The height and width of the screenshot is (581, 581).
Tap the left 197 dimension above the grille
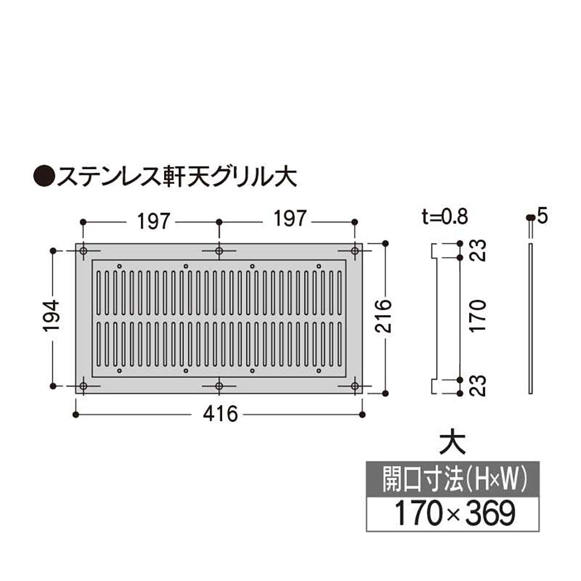click(x=152, y=221)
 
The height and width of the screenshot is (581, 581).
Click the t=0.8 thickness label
click(x=445, y=217)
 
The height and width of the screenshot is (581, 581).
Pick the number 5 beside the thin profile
click(x=542, y=217)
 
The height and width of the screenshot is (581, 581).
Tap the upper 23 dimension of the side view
click(x=480, y=251)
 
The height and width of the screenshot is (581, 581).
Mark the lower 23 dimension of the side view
click(x=480, y=386)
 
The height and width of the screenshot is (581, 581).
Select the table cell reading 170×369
click(x=452, y=514)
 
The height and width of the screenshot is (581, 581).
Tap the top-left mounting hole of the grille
click(x=83, y=251)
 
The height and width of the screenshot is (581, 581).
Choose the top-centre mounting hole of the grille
click(x=219, y=251)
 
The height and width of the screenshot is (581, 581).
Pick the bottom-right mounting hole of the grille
click(x=355, y=386)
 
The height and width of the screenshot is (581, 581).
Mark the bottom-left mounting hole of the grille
click(x=83, y=386)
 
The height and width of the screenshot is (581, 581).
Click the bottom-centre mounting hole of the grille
click(x=219, y=386)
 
